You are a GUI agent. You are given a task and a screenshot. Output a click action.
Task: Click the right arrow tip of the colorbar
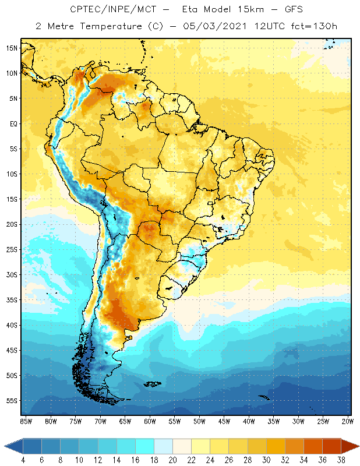[x=357, y=446]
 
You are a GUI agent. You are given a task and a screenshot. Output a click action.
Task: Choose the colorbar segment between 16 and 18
[x=144, y=446]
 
